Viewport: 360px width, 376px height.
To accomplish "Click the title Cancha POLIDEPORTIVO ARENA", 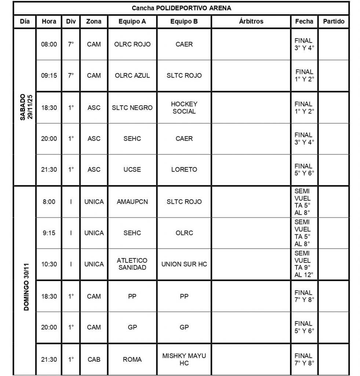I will pos(181,8).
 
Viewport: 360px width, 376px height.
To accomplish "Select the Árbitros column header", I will pos(251,21).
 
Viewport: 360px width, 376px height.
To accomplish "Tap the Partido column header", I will pos(334,21).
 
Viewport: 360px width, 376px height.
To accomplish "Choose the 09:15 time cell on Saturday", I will pos(49,76).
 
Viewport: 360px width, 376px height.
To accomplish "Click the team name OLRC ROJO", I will pos(132,44).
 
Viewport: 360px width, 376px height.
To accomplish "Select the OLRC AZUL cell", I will pos(132,76).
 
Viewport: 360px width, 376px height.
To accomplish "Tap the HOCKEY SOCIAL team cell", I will pos(184,108).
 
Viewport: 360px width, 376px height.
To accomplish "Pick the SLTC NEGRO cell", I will pos(132,108).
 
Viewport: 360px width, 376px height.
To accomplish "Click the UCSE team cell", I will pos(132,170).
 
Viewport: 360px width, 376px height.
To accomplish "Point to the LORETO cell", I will pos(184,170).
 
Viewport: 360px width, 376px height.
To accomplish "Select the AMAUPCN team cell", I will pos(132,202).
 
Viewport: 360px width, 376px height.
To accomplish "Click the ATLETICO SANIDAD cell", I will pos(132,264).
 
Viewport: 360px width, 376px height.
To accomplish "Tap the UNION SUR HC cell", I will pos(184,264).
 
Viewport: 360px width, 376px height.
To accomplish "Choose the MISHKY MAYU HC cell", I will pos(184,359).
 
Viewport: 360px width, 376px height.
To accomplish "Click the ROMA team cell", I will pos(132,359).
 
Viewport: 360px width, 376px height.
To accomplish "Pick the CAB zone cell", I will pos(94,359).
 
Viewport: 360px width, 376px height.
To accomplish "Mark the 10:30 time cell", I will pos(49,264).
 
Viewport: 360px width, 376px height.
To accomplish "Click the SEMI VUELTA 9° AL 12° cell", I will pos(304,264).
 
